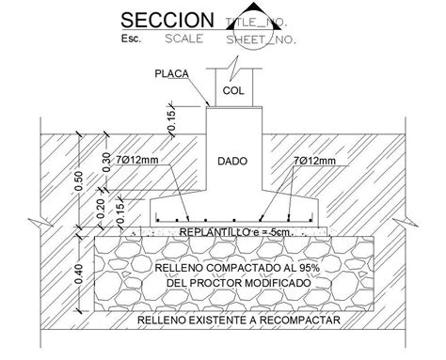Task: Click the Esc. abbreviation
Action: coord(130,39)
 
